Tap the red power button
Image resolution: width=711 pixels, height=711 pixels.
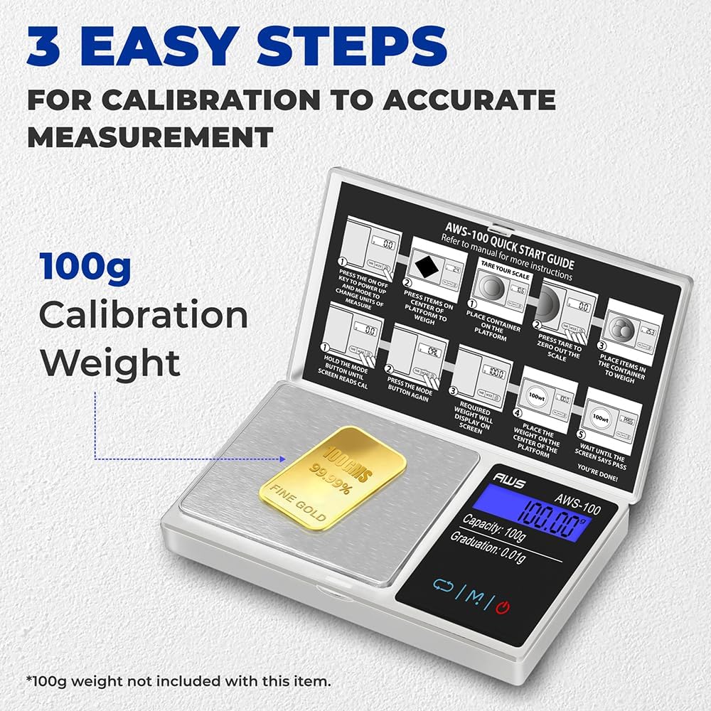(x=503, y=606)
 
